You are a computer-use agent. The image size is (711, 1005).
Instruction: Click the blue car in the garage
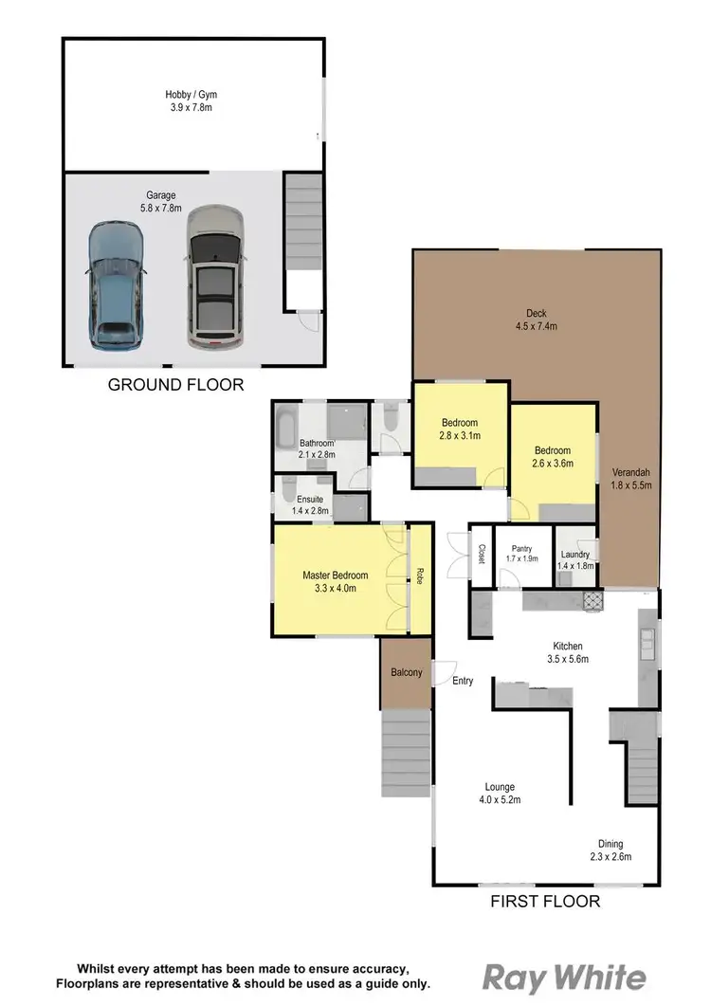117,284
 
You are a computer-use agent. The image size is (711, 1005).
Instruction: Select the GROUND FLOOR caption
175,385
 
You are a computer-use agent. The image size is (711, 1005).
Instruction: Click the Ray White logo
566,978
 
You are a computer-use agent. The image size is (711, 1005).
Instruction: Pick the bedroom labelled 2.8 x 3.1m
460,429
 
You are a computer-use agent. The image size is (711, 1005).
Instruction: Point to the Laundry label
575,560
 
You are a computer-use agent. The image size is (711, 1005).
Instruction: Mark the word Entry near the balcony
463,681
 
